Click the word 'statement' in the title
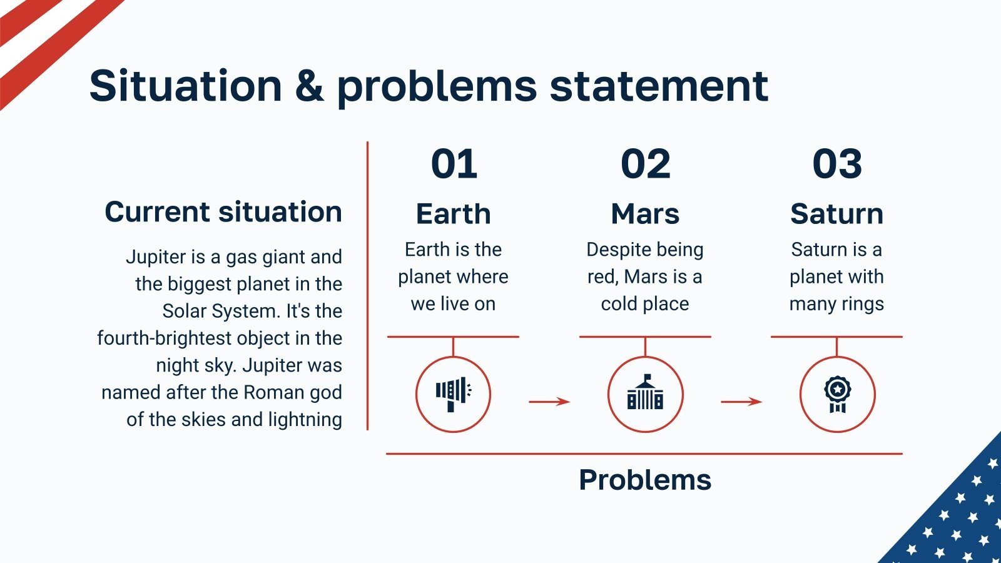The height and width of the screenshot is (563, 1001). pyautogui.click(x=659, y=85)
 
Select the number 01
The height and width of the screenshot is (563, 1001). pyautogui.click(x=454, y=164)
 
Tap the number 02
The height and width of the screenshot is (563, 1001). pyautogui.click(x=645, y=164)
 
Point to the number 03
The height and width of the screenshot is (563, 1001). pyautogui.click(x=837, y=164)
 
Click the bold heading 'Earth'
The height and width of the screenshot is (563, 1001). pyautogui.click(x=453, y=213)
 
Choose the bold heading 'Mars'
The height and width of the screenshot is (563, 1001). pyautogui.click(x=645, y=213)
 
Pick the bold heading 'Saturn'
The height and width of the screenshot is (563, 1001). pyautogui.click(x=836, y=213)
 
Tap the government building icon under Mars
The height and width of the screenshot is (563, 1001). pyautogui.click(x=645, y=392)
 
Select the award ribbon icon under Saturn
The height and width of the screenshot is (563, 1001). pyautogui.click(x=838, y=394)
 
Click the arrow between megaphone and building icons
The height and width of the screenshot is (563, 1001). pyautogui.click(x=549, y=402)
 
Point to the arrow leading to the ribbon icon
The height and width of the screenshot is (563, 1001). pyautogui.click(x=741, y=402)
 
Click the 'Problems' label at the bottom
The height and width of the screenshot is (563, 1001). pyautogui.click(x=645, y=480)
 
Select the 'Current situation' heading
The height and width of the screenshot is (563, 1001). pyautogui.click(x=223, y=211)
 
